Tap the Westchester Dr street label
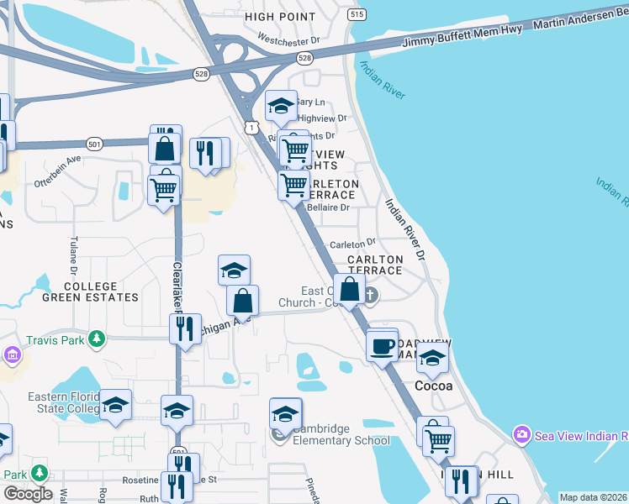point(289,39)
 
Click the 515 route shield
point(357,15)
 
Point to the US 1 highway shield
point(251,126)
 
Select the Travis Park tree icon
point(98,338)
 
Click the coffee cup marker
point(383,344)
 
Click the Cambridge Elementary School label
point(341,434)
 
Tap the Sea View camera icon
point(521,434)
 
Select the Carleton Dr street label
point(351,244)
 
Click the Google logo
point(28,494)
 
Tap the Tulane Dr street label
point(72,254)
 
